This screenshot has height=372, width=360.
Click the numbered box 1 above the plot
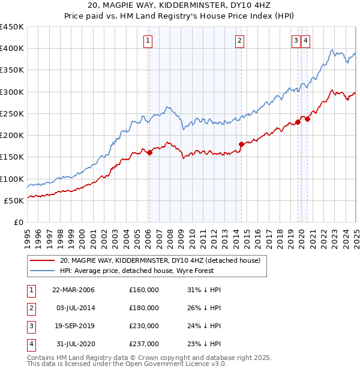pyautogui.click(x=148, y=41)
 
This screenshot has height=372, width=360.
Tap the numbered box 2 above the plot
pyautogui.click(x=239, y=41)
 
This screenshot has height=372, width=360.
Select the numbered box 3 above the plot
pyautogui.click(x=296, y=41)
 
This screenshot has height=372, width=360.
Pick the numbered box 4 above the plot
pyautogui.click(x=305, y=41)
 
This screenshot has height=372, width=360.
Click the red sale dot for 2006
pyautogui.click(x=150, y=152)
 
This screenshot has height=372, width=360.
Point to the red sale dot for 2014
pyautogui.click(x=241, y=144)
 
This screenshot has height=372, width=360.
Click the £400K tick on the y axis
pyautogui.click(x=12, y=49)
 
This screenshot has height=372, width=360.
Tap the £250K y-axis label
pyautogui.click(x=12, y=113)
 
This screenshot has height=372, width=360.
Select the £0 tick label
pyautogui.click(x=18, y=222)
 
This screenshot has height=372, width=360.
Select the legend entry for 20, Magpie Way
pyautogui.click(x=160, y=260)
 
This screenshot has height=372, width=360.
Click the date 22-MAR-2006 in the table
pyautogui.click(x=74, y=290)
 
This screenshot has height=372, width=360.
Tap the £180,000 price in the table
pyautogui.click(x=144, y=308)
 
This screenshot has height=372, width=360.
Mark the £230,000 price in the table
pyautogui.click(x=144, y=326)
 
